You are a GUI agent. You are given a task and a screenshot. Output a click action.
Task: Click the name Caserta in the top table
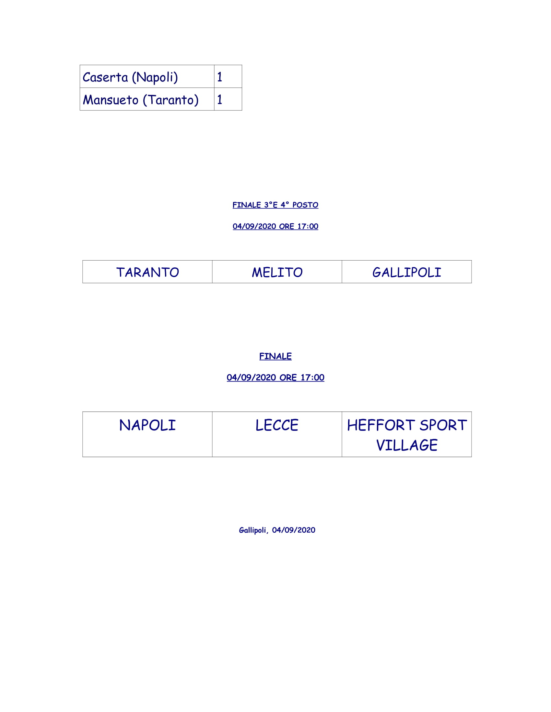(x=105, y=77)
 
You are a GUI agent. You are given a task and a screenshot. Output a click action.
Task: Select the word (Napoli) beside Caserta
(x=155, y=78)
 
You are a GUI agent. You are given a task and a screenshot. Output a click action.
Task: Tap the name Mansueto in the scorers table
(x=111, y=100)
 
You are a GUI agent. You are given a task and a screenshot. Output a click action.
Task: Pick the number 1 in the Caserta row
(x=220, y=77)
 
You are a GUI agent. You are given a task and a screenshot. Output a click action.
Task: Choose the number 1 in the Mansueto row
(x=220, y=99)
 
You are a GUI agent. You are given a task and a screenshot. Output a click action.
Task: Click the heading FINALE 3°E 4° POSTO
(x=275, y=205)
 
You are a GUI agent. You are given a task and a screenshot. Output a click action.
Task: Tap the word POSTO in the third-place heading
(x=305, y=205)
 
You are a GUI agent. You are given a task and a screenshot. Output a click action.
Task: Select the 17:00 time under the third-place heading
(x=308, y=226)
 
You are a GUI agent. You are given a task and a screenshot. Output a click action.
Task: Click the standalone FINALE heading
(x=275, y=356)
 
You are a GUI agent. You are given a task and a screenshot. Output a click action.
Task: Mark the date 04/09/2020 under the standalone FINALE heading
(x=251, y=377)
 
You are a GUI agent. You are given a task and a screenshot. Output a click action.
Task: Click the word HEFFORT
(x=381, y=425)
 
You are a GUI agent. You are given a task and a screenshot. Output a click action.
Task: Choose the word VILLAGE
(x=407, y=445)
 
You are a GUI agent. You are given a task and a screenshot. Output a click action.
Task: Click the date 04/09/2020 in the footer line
(x=294, y=530)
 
